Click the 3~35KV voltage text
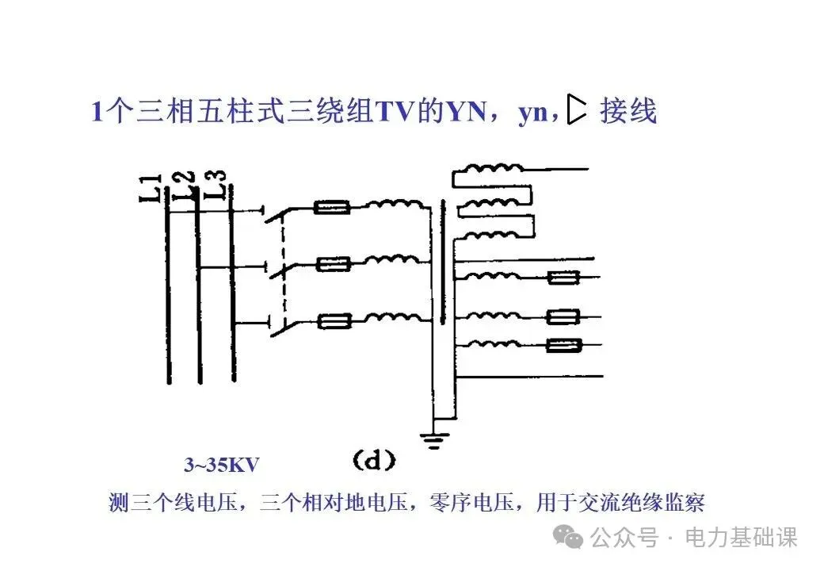(x=222, y=465)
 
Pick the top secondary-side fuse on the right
(x=563, y=278)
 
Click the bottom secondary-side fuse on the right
(x=563, y=345)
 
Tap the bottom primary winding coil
(x=394, y=318)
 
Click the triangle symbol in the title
(x=578, y=112)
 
